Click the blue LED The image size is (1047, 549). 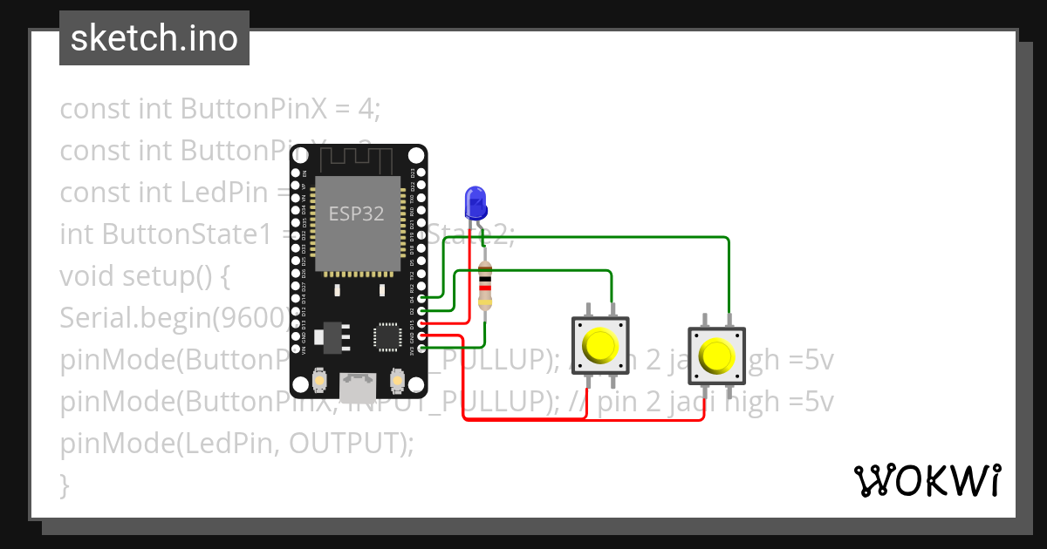tap(476, 203)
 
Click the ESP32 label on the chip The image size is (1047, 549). tap(356, 214)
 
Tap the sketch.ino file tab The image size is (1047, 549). tap(154, 38)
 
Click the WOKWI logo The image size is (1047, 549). tap(927, 480)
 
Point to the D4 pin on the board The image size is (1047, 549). tap(422, 299)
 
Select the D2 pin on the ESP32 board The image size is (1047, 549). tap(422, 311)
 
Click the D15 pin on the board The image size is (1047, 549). tap(422, 323)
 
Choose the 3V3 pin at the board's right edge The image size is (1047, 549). tap(422, 349)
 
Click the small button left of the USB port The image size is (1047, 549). tap(320, 381)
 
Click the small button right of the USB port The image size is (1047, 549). tap(397, 381)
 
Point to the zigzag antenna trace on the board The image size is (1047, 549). tap(359, 159)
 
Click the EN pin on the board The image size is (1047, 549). tap(296, 173)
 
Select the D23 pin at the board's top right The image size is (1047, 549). tap(422, 173)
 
